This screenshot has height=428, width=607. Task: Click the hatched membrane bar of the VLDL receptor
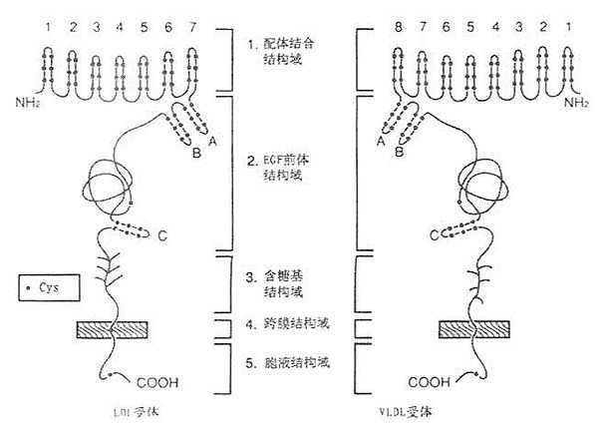(473, 328)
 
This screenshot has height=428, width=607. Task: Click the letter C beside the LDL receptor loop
(161, 236)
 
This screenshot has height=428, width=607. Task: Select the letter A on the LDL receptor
(210, 142)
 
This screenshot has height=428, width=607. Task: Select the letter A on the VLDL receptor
(380, 143)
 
